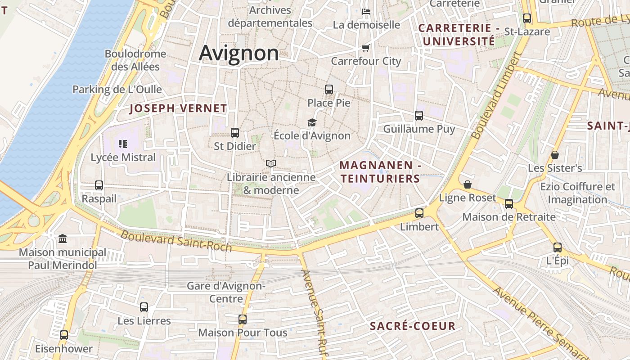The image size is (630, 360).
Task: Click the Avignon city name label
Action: [239, 53]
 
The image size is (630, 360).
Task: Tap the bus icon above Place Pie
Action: [329, 89]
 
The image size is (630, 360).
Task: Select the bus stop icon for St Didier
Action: [234, 132]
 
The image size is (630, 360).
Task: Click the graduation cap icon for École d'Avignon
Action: [312, 122]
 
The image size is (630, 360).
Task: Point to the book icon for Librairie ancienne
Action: [270, 163]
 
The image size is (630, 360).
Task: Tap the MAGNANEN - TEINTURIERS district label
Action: [380, 172]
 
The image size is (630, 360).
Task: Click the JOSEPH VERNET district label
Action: [178, 108]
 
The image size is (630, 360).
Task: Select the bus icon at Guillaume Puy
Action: [419, 115]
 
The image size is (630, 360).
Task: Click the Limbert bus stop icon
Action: [419, 213]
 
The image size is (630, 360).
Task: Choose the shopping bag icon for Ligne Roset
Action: [468, 184]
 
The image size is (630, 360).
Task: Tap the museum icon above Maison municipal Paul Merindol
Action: [63, 238]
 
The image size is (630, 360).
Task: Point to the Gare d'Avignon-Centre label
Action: [226, 292]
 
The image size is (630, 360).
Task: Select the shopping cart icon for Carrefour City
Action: [365, 48]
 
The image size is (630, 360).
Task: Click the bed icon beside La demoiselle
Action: [366, 11]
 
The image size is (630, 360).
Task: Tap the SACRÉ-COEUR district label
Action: [413, 326]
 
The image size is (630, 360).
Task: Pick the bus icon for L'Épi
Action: [558, 247]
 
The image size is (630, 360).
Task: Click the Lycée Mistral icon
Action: [123, 144]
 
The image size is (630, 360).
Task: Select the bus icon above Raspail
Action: [99, 185]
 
